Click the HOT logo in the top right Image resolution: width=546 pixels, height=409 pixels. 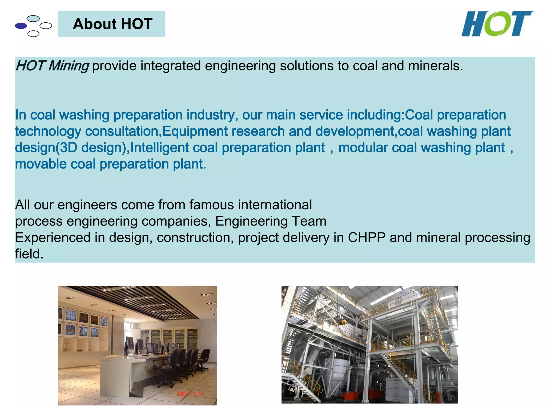[497, 24]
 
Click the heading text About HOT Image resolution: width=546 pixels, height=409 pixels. [113, 24]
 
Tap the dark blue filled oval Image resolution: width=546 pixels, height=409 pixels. [21, 26]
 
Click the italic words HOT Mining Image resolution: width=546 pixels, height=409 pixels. [52, 66]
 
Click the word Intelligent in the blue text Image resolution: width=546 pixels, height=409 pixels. [159, 148]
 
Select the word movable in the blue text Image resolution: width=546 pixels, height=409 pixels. [41, 164]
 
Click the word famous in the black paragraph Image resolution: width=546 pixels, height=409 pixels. [211, 205]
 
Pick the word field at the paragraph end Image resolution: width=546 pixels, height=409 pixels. [29, 254]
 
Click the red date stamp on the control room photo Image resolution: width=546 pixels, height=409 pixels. [190, 394]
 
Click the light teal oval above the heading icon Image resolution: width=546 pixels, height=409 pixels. [33, 18]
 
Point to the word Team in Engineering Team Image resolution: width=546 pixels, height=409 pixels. [309, 221]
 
